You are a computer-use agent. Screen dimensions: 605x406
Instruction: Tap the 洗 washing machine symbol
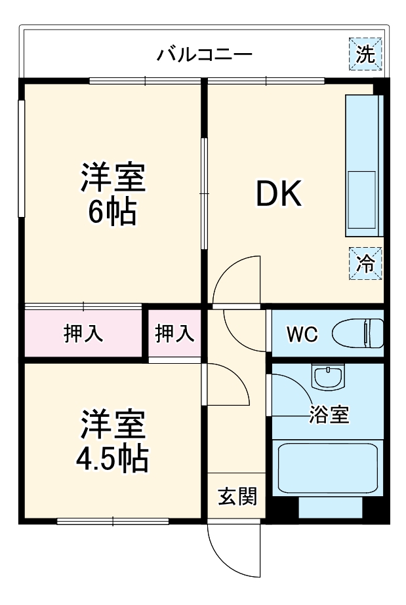click(366, 54)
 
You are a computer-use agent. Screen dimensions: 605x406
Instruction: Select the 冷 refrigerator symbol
click(365, 263)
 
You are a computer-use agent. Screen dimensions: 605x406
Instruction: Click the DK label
click(278, 195)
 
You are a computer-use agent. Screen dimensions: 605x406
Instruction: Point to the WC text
click(302, 334)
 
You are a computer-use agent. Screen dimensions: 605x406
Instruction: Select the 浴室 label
click(329, 414)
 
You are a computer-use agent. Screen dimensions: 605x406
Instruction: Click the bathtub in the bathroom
click(328, 469)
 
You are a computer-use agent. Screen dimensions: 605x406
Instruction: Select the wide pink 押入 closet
click(83, 333)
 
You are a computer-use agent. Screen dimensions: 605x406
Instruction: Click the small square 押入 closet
click(174, 333)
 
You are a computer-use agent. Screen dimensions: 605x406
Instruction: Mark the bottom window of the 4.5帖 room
click(113, 522)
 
